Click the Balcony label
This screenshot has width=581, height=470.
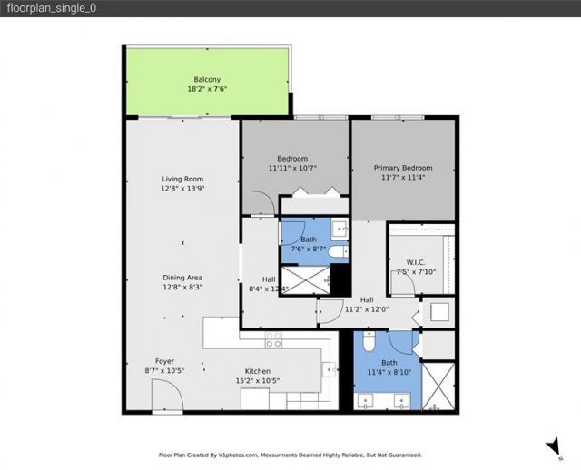pos(207,79)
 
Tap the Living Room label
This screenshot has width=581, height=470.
pos(182,179)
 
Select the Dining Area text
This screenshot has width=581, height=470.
pos(182,277)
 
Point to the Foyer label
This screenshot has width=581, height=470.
pos(164,360)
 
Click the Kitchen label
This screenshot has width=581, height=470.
pos(258,370)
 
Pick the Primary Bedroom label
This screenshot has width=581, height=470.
pos(403,168)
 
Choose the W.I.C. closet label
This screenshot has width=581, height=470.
pos(417,262)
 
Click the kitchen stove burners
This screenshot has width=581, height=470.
pos(272,340)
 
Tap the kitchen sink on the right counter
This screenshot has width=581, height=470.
pos(330,368)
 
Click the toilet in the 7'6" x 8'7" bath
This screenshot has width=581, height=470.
pos(335,251)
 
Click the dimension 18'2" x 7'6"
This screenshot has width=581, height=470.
pos(207,90)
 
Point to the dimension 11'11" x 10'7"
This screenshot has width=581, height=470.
pos(293,169)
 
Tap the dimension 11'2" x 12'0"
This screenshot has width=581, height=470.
pos(367,309)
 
